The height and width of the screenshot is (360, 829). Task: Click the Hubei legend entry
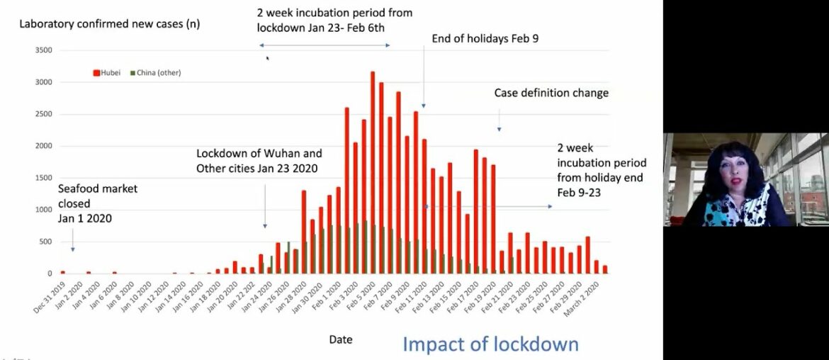coord(108,72)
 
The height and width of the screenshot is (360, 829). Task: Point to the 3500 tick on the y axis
coord(43,50)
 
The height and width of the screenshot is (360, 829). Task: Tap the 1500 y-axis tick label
coord(43,178)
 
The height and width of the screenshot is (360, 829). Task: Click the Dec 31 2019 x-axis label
coord(49,298)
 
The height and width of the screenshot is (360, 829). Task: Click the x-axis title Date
coord(341,339)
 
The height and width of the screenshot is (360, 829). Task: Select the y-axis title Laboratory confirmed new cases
coord(109,24)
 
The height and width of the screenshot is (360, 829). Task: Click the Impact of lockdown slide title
coord(490,344)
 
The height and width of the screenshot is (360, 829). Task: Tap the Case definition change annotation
coord(551,93)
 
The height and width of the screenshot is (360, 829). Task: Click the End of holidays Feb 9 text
coord(485,38)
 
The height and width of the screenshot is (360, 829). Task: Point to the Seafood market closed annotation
coord(98,203)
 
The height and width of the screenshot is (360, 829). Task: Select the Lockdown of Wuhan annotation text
coord(259,161)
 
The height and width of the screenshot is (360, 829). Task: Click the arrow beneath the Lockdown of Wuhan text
coord(265,206)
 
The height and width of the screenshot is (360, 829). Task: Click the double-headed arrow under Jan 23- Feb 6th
coord(325,45)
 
